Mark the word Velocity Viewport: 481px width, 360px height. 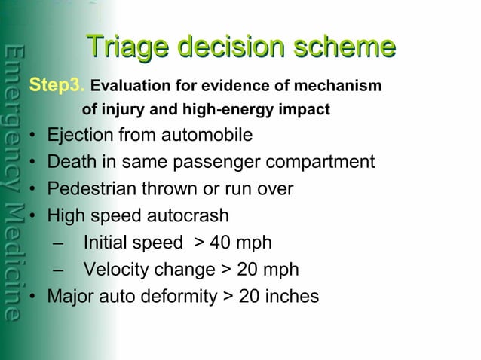click(116, 270)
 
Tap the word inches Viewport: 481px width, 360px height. click(292, 297)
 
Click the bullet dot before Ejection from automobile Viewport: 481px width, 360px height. click(34, 136)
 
